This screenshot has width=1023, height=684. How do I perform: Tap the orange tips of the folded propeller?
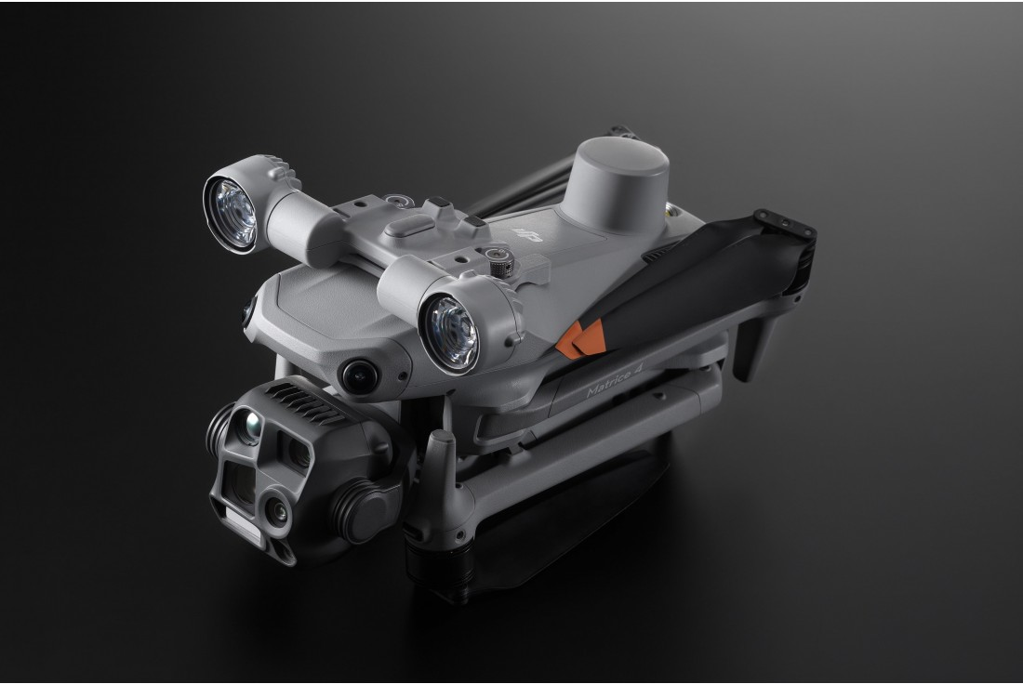pos(582,338)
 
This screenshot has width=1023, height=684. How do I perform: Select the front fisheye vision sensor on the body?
pos(357,375)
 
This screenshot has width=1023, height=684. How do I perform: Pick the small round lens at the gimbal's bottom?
pos(275,506)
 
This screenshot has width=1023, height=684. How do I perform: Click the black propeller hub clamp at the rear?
pos(787,228)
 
